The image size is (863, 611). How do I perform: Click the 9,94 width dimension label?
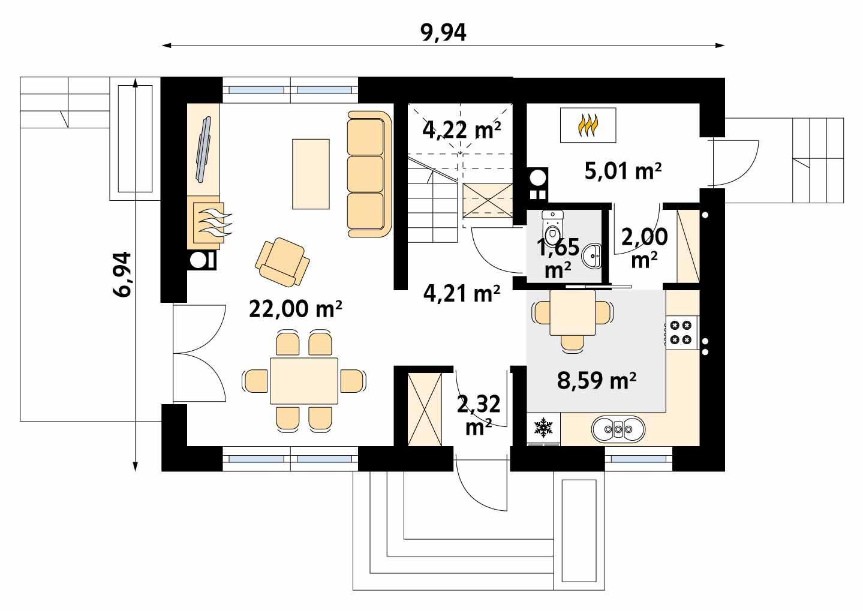(443, 33)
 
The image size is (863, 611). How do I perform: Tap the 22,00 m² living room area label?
(295, 309)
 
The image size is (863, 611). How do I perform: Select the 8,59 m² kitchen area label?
(596, 380)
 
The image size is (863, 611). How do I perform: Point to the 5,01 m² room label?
(623, 171)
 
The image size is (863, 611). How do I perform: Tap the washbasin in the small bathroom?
(594, 257)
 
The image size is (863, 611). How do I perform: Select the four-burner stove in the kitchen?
(681, 333)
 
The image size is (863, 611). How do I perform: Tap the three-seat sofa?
(367, 174)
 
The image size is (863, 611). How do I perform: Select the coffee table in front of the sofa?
(311, 174)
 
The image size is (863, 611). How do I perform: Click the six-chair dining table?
(303, 381)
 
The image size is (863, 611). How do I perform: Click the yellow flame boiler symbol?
(588, 125)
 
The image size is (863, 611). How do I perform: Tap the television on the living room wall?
(204, 148)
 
